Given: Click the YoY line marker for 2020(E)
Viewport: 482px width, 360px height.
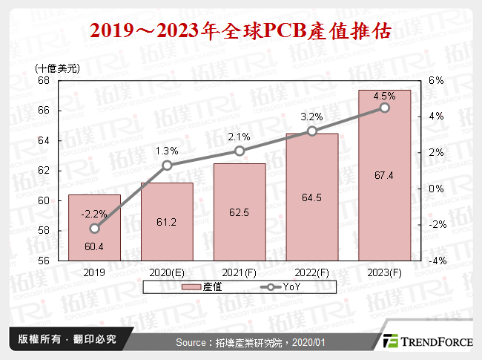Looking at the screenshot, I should coord(167,166).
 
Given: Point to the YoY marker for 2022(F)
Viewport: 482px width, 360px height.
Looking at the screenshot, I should coord(312,131).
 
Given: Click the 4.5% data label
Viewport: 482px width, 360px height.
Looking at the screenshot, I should coord(384,96).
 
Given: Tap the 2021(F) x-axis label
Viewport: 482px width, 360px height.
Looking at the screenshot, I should coord(240,272).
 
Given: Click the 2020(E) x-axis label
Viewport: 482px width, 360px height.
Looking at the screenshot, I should coord(167,272).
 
